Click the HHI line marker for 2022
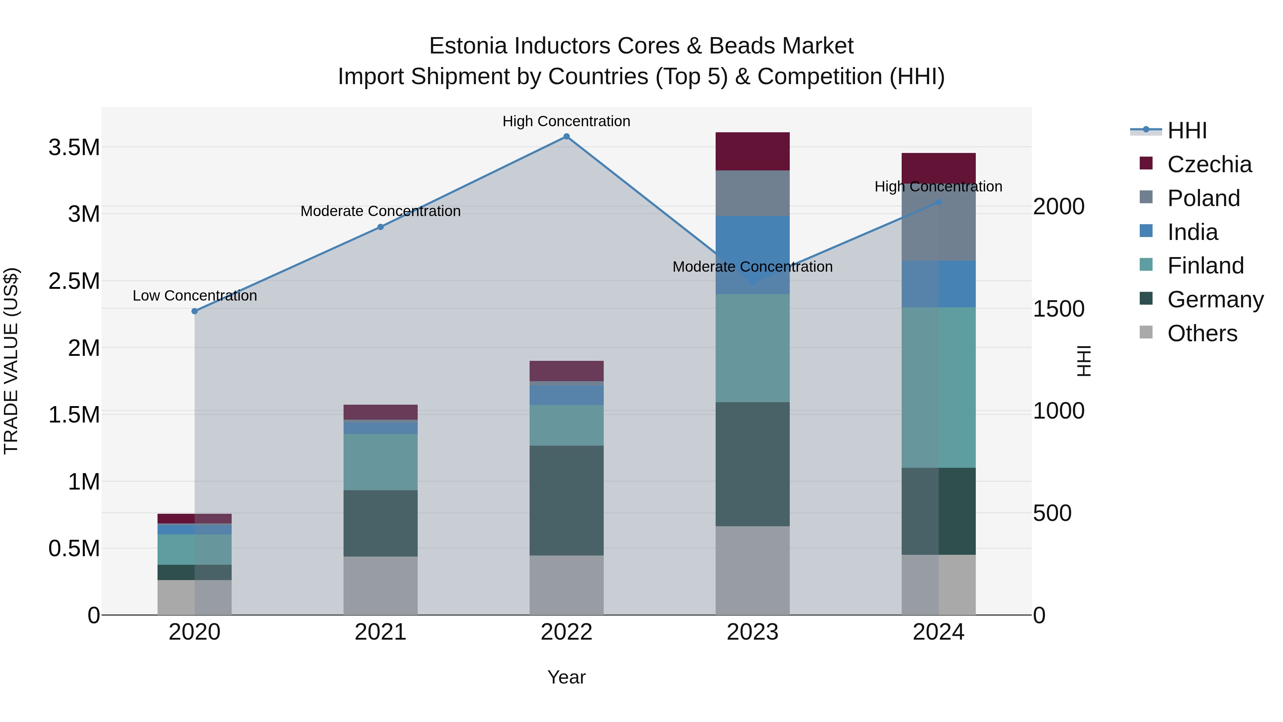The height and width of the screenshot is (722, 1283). pos(566,137)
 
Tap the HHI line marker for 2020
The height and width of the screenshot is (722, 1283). pos(195,311)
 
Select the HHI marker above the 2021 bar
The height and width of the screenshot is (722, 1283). pos(381,227)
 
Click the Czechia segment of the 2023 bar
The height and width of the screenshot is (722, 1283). pos(753,152)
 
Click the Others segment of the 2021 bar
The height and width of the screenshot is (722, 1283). pos(381,585)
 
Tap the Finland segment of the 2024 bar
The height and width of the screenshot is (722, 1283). pos(938,387)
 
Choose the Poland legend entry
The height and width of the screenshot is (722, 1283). pos(1203,198)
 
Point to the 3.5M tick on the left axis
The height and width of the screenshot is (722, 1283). pos(74,148)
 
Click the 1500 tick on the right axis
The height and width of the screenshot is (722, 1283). pos(1058,309)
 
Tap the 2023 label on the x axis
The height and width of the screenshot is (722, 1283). pos(753,632)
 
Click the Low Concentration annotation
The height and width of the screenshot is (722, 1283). pos(195,296)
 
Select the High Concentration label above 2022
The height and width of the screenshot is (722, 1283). pos(566,121)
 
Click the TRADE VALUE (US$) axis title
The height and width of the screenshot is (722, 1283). pos(11,361)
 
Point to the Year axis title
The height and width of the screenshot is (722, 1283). pos(566,677)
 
